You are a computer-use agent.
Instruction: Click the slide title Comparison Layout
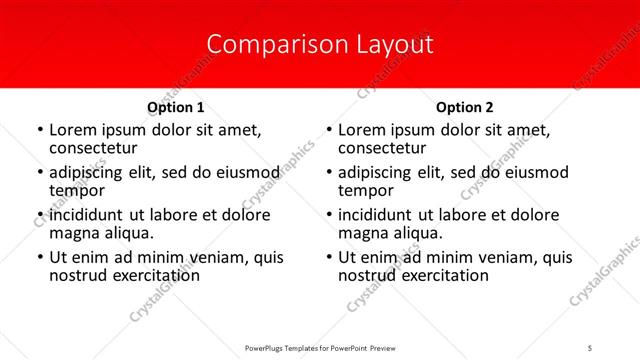tap(319, 44)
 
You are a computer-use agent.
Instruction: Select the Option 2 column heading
tap(464, 107)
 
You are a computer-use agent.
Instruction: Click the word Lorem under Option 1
tap(72, 130)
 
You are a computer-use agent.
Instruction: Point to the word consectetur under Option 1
tap(92, 148)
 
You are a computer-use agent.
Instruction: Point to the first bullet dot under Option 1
tap(39, 131)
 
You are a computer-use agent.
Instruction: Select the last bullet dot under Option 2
tap(328, 257)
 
